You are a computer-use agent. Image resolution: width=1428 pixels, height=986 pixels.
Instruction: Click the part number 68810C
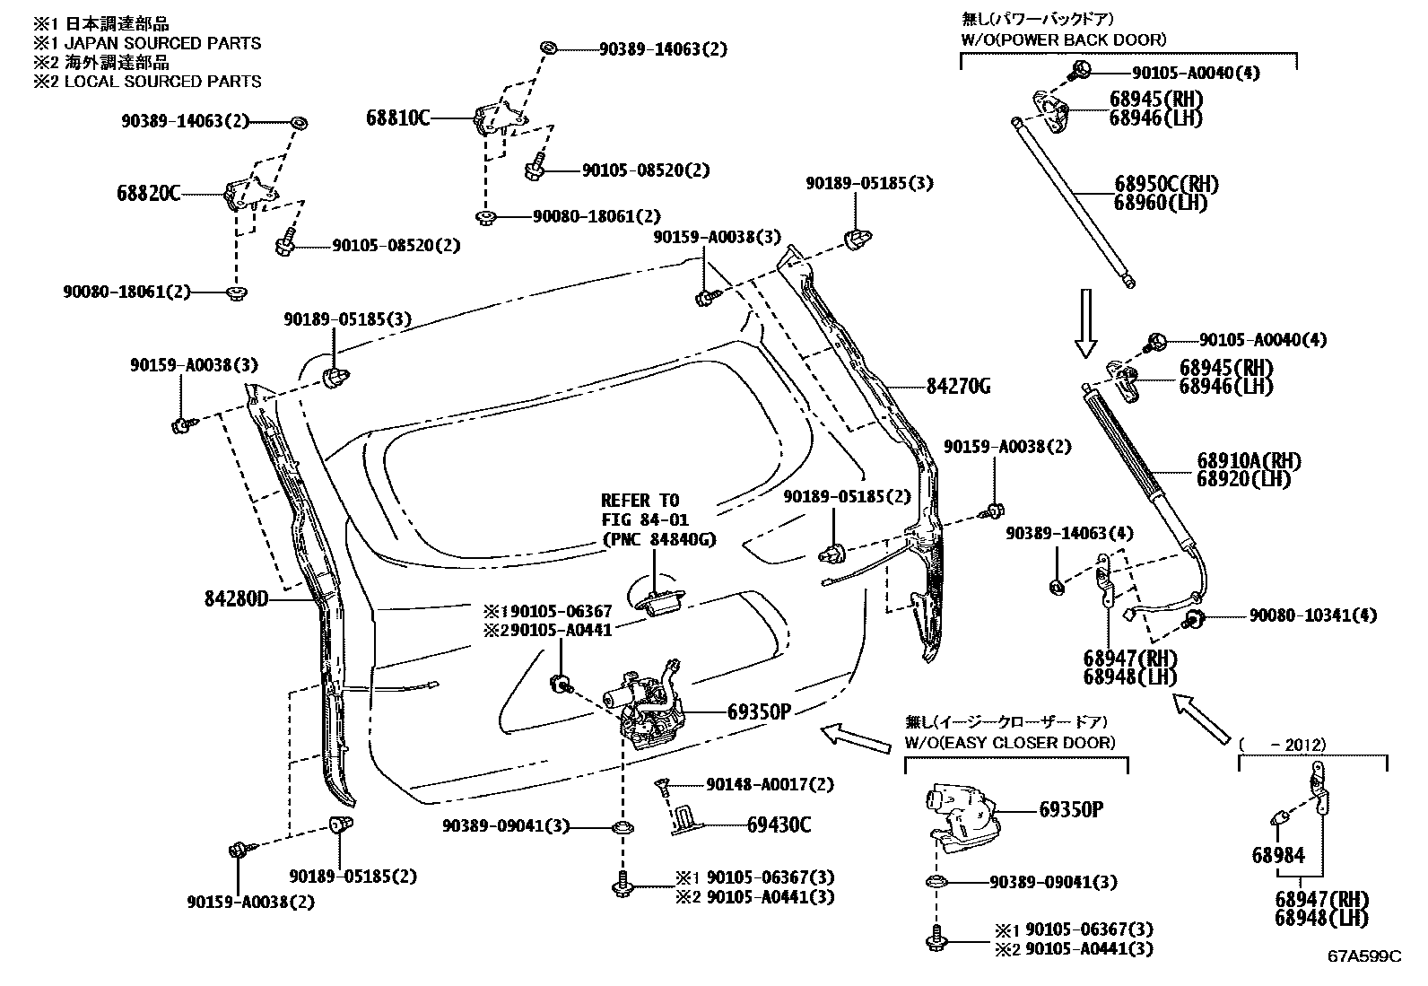[397, 117]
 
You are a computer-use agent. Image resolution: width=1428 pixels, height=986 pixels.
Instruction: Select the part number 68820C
[148, 192]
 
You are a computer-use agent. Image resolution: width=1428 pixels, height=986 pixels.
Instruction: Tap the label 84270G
[958, 387]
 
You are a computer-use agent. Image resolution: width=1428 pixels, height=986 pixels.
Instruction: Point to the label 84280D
[236, 598]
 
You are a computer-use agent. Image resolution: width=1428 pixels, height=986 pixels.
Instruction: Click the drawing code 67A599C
[1364, 956]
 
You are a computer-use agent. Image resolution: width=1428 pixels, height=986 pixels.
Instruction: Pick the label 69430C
[779, 825]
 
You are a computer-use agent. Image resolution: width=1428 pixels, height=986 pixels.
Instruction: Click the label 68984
[1277, 855]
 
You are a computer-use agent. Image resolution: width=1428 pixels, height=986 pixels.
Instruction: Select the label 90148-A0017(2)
[770, 784]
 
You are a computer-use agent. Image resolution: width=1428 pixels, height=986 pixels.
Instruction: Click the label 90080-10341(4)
[1313, 615]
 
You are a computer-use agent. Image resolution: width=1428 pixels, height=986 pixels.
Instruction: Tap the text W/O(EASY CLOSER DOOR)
[1010, 743]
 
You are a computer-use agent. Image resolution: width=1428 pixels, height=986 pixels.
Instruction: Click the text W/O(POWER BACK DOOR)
[1063, 39]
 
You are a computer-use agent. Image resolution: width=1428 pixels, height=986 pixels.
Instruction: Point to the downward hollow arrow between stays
[1085, 322]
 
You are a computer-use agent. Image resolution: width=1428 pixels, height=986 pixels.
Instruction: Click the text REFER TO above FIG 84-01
[640, 500]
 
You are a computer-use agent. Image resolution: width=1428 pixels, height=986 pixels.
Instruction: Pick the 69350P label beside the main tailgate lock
[758, 711]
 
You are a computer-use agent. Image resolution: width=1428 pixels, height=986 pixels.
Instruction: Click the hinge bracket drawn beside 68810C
[496, 118]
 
